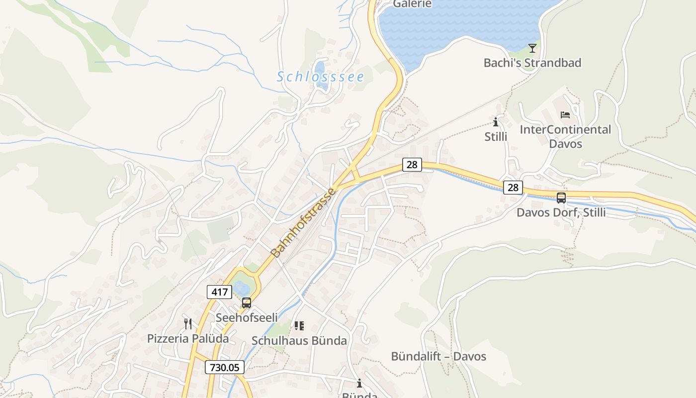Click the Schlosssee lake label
320,77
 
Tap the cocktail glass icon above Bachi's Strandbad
532,48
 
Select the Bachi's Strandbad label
532,63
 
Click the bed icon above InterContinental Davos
565,115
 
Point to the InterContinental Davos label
565,136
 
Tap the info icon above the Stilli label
496,122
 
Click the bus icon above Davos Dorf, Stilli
561,198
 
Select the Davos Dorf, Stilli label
561,212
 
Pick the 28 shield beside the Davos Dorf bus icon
513,187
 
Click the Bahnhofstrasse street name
304,222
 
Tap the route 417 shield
219,292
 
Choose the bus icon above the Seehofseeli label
247,302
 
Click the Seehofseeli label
247,317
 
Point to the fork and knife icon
188,324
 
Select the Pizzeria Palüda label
188,339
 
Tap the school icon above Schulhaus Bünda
299,326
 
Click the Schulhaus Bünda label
299,341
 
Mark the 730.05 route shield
225,367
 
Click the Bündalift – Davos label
438,357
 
